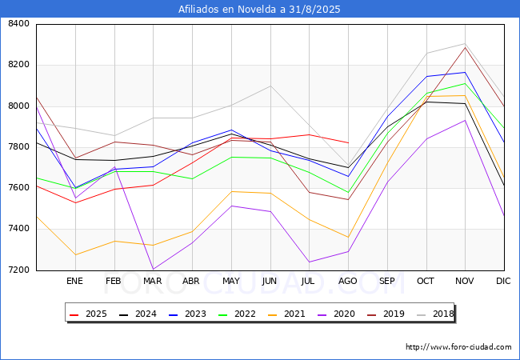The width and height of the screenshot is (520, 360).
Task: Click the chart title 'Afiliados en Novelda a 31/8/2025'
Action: pyautogui.click(x=260, y=10)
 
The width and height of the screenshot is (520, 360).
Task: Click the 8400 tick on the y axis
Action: pyautogui.click(x=18, y=24)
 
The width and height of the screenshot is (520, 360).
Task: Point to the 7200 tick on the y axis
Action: pyautogui.click(x=18, y=270)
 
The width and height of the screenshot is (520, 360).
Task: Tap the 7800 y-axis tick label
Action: pyautogui.click(x=18, y=147)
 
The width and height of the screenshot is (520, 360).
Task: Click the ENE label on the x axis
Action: pyautogui.click(x=74, y=281)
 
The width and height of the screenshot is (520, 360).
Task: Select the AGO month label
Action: pyautogui.click(x=348, y=281)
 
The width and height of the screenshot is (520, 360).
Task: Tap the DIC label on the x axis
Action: pyautogui.click(x=503, y=281)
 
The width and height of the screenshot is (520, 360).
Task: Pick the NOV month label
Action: pyautogui.click(x=465, y=281)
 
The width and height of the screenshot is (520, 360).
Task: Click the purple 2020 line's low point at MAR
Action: pyautogui.click(x=153, y=269)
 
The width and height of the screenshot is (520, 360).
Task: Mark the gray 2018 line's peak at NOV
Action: pyautogui.click(x=465, y=44)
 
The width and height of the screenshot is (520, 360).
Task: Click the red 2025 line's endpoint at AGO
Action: pyautogui.click(x=348, y=142)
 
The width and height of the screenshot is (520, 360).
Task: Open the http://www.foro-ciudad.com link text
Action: pyautogui.click(x=458, y=347)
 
